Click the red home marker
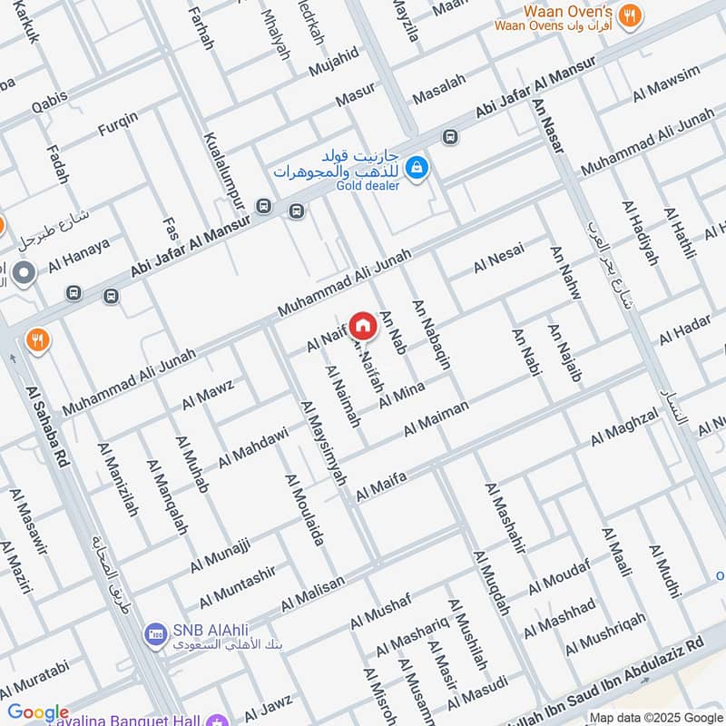tap(362, 324)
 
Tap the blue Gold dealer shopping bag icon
tap(417, 167)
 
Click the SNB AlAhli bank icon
tap(154, 632)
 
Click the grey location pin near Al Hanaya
tap(25, 271)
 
